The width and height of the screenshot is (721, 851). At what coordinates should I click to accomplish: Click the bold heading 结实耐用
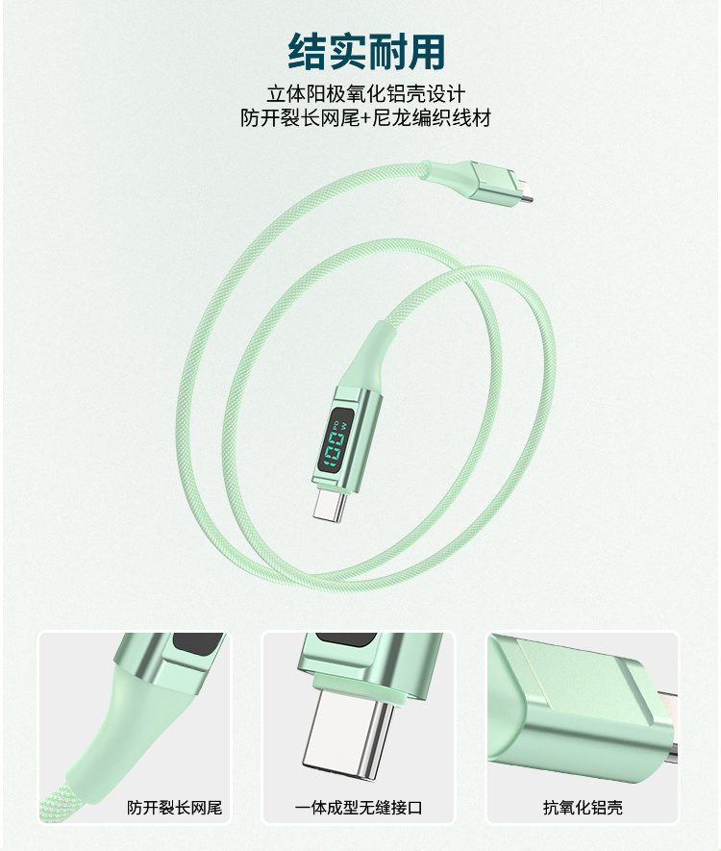point(366,51)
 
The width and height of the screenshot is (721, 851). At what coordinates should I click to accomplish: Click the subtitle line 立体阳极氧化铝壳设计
point(366,94)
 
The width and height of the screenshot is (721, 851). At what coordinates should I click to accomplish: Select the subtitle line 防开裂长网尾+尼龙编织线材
point(366,117)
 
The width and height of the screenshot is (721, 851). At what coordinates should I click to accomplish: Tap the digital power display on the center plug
point(336,438)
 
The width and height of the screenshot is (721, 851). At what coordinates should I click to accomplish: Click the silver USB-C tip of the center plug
point(330,503)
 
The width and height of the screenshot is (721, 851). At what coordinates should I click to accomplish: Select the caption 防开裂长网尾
point(175,808)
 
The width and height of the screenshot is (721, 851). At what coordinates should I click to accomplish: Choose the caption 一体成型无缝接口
point(359,808)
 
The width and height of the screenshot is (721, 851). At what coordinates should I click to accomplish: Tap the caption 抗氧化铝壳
point(583,808)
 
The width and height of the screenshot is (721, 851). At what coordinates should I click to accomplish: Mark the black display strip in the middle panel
point(343,639)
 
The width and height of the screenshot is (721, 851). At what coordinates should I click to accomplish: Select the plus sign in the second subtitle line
point(366,118)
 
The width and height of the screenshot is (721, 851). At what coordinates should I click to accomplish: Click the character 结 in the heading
point(307,51)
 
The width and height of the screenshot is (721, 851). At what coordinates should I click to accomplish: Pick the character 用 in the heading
point(427,51)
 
